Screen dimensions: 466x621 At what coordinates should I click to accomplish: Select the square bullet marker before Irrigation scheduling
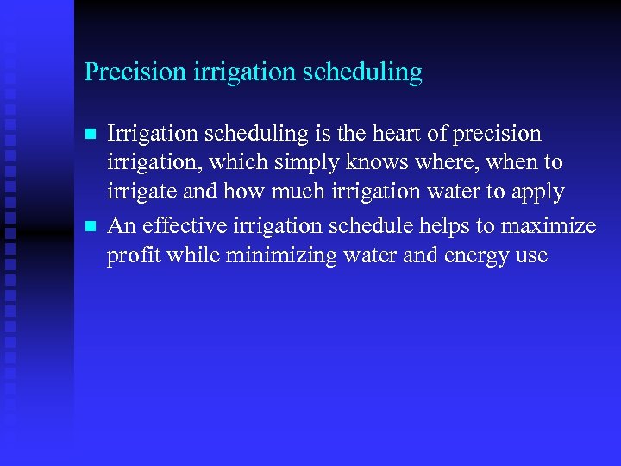89,135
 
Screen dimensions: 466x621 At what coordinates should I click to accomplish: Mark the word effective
179,225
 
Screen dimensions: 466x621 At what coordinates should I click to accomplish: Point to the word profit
130,256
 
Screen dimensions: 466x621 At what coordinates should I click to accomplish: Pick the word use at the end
532,256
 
